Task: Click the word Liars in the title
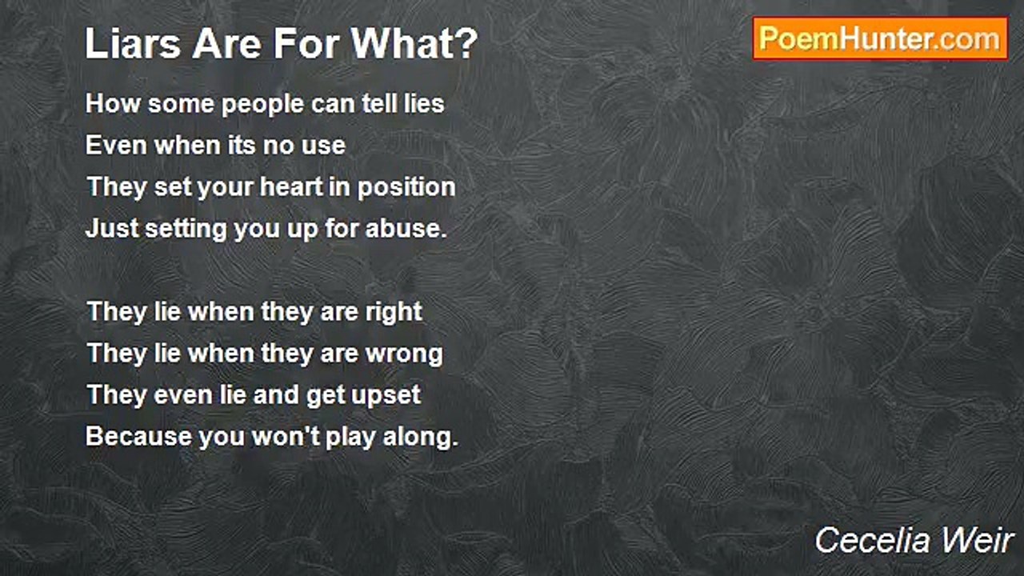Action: click(133, 44)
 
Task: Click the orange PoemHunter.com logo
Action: click(880, 39)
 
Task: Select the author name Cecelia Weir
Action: click(914, 540)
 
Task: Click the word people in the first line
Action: click(262, 105)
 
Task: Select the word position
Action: click(406, 188)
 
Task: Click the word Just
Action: click(112, 228)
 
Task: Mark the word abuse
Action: click(406, 228)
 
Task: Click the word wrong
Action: click(404, 354)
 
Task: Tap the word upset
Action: click(386, 396)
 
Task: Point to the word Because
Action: click(139, 436)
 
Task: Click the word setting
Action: click(186, 230)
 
